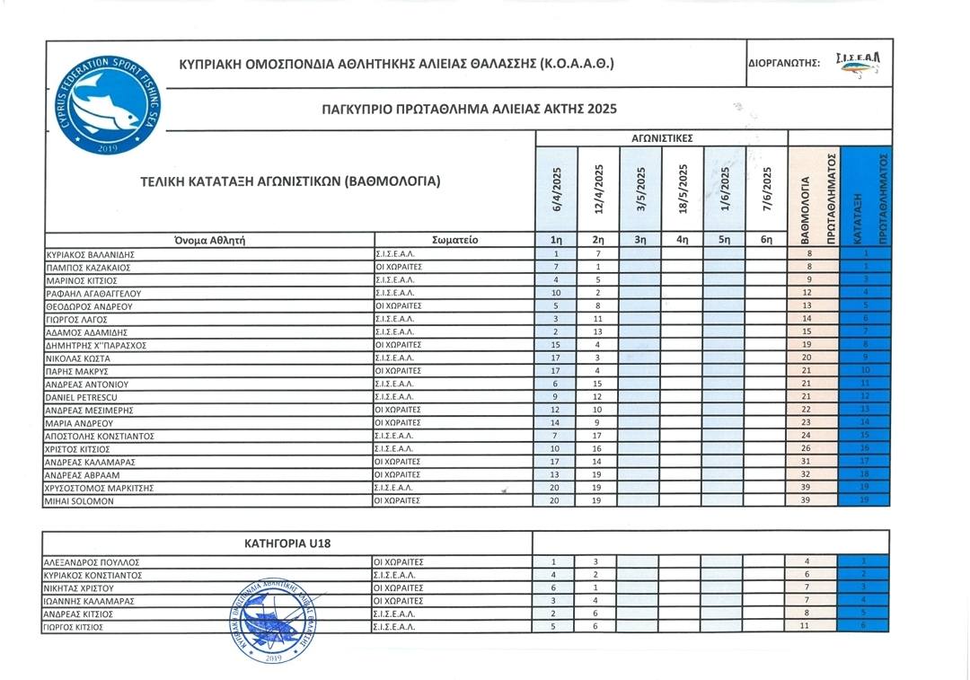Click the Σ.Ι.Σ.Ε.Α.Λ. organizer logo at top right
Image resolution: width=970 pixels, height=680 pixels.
point(857,62)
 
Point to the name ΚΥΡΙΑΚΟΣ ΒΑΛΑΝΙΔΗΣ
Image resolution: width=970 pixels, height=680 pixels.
point(89,254)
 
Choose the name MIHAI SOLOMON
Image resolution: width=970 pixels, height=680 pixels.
point(79,500)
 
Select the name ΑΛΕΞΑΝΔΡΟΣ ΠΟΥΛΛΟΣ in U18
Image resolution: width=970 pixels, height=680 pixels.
point(91,562)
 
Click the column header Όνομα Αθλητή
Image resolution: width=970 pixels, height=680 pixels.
point(209,240)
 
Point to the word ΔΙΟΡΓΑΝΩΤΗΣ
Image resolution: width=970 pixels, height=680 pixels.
point(782,64)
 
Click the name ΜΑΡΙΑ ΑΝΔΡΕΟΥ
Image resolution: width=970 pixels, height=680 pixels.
point(75,422)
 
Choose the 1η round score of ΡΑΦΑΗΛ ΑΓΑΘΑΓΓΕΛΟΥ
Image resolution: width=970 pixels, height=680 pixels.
point(557,293)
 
